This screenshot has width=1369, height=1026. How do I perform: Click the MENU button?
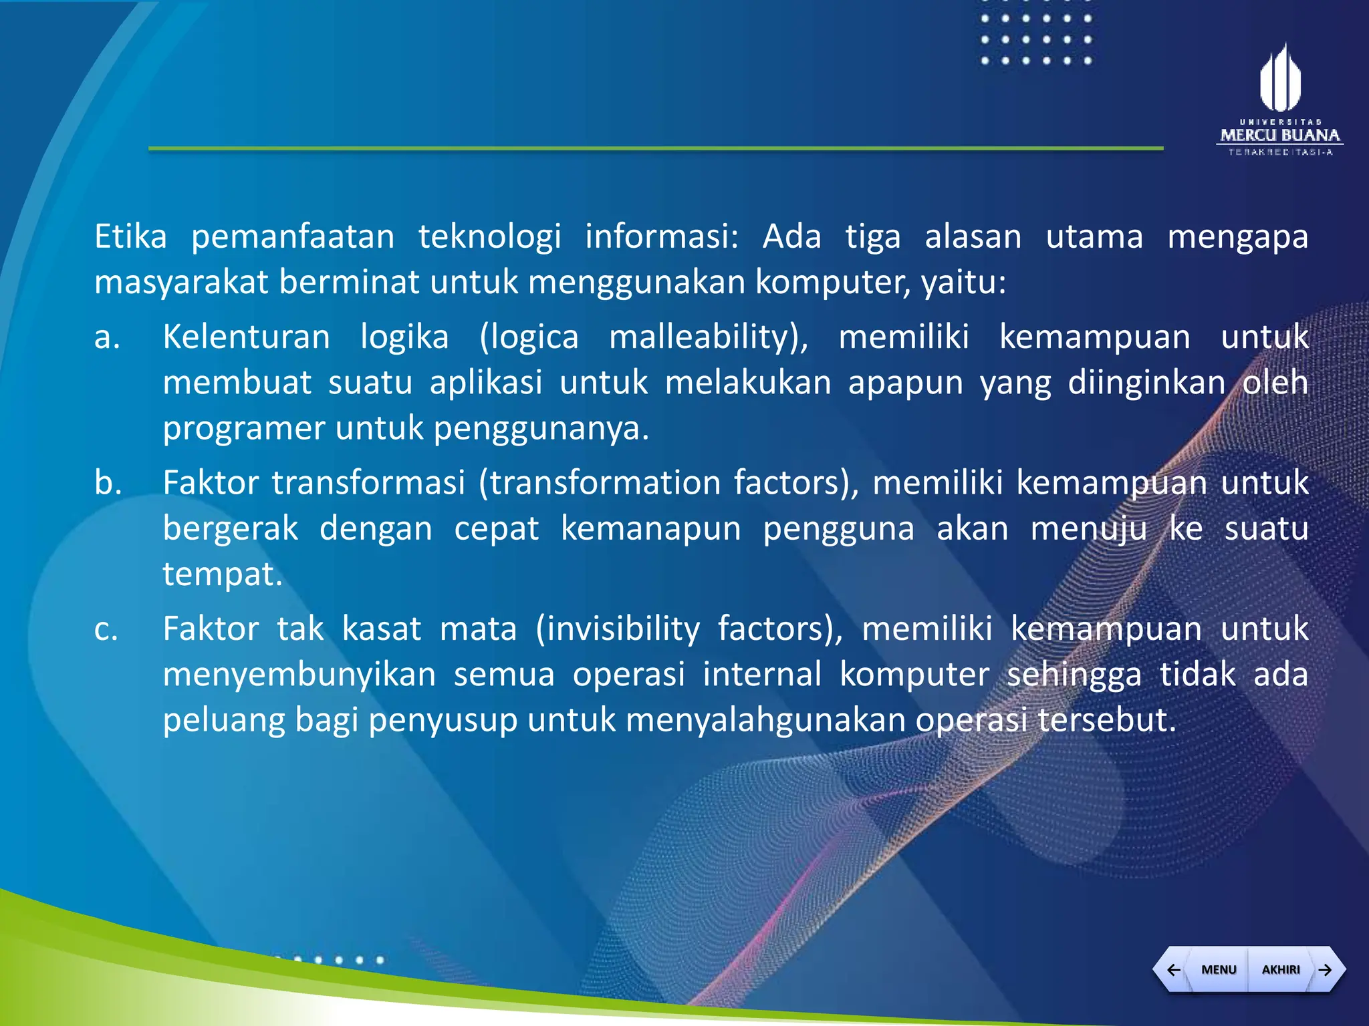tap(1218, 969)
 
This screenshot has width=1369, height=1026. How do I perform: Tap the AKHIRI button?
tap(1280, 969)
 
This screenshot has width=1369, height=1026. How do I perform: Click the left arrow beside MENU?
tap(1173, 969)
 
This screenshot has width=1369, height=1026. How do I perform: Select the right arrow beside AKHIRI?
tap(1326, 969)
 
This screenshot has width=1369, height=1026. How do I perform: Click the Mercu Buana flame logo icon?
tap(1280, 78)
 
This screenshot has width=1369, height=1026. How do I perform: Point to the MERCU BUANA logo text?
tap(1280, 136)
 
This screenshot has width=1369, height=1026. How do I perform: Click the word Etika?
tap(130, 236)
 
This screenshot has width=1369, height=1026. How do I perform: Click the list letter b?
tap(108, 482)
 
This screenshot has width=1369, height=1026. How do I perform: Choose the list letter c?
tap(106, 629)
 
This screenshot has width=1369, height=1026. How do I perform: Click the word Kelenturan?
tap(247, 337)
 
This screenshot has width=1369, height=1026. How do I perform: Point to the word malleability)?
tap(709, 337)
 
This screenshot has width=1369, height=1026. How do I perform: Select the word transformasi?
tap(368, 482)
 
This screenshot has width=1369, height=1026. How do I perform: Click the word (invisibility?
tap(618, 629)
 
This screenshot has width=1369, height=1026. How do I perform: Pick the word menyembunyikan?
tap(299, 674)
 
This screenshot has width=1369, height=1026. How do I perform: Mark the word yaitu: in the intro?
tap(963, 283)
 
